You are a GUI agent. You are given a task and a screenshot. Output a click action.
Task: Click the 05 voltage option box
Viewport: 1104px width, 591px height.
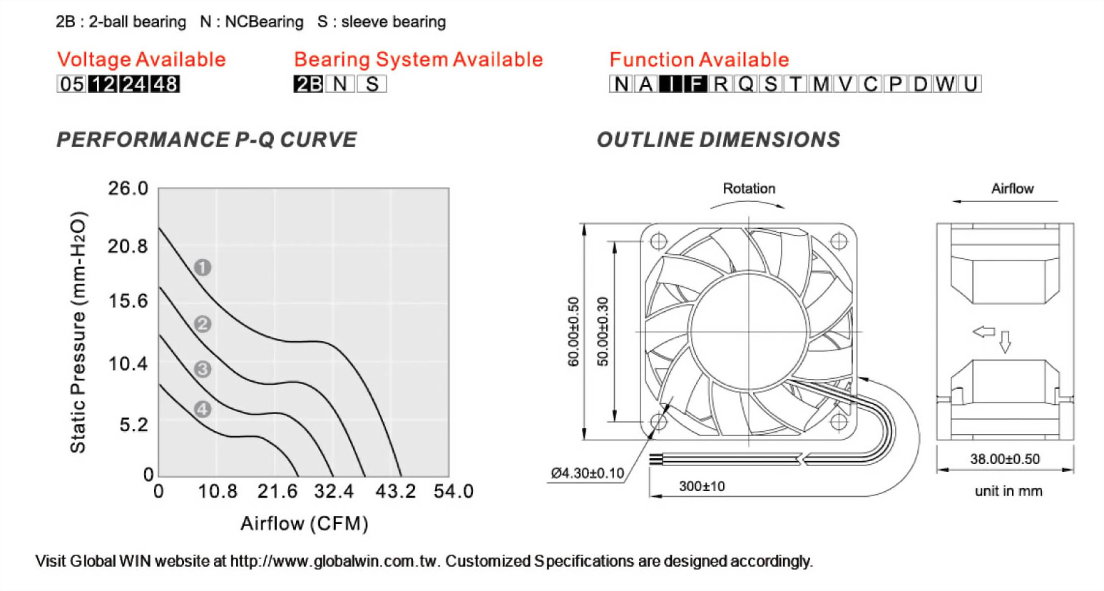tap(72, 84)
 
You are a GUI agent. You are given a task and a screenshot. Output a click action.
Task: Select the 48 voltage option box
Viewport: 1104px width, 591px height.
tap(165, 84)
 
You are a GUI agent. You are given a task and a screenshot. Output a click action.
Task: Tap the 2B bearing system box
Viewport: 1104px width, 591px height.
tap(309, 84)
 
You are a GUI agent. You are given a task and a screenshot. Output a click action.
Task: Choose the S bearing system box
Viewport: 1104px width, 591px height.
tap(372, 84)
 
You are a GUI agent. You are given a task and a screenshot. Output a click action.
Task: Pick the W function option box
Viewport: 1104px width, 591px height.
tap(945, 84)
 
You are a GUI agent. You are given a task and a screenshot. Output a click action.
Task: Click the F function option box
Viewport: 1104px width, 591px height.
tap(695, 84)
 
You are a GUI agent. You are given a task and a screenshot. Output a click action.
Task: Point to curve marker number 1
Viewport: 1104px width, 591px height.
tap(203, 268)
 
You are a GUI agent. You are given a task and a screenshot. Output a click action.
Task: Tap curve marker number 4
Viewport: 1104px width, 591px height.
tap(203, 409)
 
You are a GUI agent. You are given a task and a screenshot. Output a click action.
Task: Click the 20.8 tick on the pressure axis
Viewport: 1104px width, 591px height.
tap(128, 246)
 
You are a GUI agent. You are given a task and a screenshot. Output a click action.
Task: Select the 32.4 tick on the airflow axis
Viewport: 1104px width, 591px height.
tap(334, 491)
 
